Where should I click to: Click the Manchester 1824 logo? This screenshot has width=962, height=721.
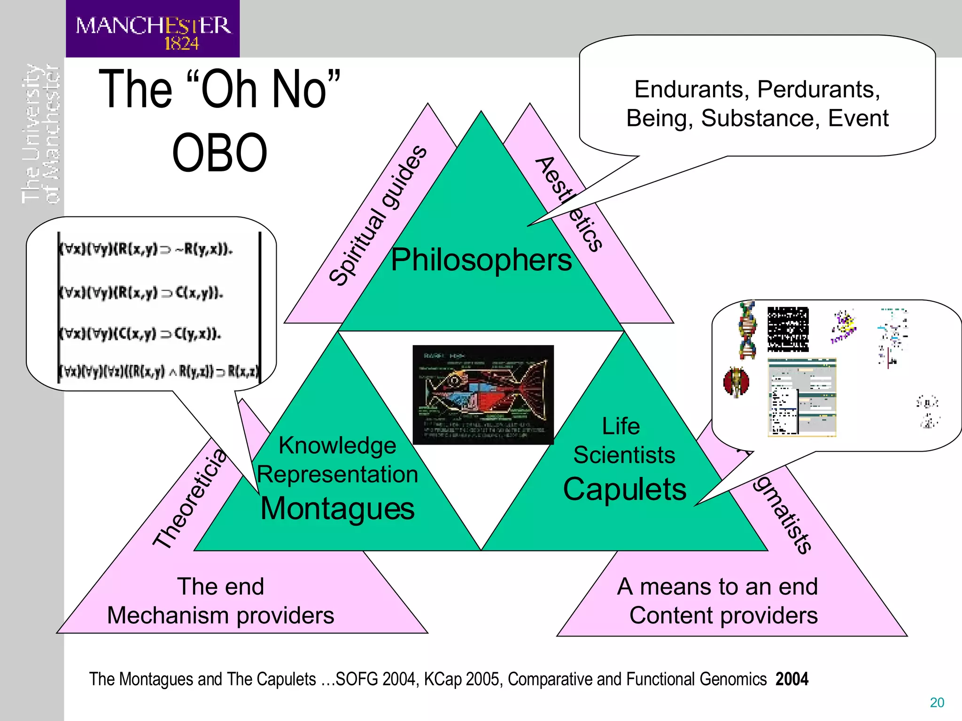[153, 29]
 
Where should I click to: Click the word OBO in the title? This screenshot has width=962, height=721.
[219, 153]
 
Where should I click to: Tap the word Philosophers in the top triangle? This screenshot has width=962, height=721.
[481, 260]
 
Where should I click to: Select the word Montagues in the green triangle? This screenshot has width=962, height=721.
[337, 508]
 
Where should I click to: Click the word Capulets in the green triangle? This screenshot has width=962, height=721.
[624, 489]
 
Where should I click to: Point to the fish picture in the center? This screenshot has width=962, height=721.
[483, 395]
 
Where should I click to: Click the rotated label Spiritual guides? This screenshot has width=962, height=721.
[378, 215]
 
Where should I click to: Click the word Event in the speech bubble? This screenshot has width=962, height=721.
[858, 118]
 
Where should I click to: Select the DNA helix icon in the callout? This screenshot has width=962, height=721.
[747, 330]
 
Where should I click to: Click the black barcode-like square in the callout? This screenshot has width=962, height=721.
[788, 330]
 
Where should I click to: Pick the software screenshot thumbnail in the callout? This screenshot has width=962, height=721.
[802, 397]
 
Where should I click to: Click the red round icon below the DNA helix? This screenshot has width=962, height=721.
[736, 382]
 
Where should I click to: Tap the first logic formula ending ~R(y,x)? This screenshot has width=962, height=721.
[146, 249]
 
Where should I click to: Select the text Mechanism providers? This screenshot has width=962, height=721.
[220, 615]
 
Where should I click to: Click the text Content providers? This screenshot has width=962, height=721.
[723, 615]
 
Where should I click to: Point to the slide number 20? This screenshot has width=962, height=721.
[937, 702]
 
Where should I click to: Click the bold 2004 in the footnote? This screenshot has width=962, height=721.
[792, 679]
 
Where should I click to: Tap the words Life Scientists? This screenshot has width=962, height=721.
[623, 441]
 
